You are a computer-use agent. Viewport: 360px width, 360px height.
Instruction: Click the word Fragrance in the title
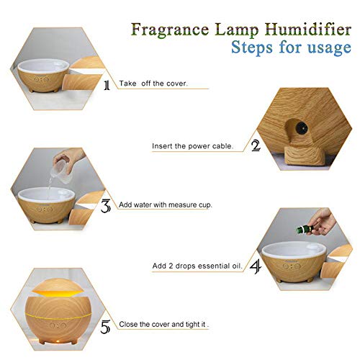(170, 30)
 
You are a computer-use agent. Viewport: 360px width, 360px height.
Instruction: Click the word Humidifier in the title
(308, 30)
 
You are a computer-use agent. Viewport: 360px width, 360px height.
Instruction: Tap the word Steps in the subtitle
(252, 47)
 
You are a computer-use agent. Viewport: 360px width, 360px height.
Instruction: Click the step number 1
(107, 85)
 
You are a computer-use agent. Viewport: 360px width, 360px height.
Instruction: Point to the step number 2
(256, 145)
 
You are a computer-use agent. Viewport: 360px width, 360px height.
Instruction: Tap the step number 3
(106, 206)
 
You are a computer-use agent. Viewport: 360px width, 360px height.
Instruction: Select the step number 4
(256, 267)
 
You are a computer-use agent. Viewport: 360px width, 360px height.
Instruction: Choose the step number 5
(105, 327)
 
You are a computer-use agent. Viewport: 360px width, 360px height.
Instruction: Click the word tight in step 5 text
(193, 325)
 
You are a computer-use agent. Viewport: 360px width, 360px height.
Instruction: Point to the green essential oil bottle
(305, 229)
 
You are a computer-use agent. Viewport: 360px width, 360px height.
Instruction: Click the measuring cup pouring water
(62, 171)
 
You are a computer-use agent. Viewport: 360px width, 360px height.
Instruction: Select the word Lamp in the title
(237, 30)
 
